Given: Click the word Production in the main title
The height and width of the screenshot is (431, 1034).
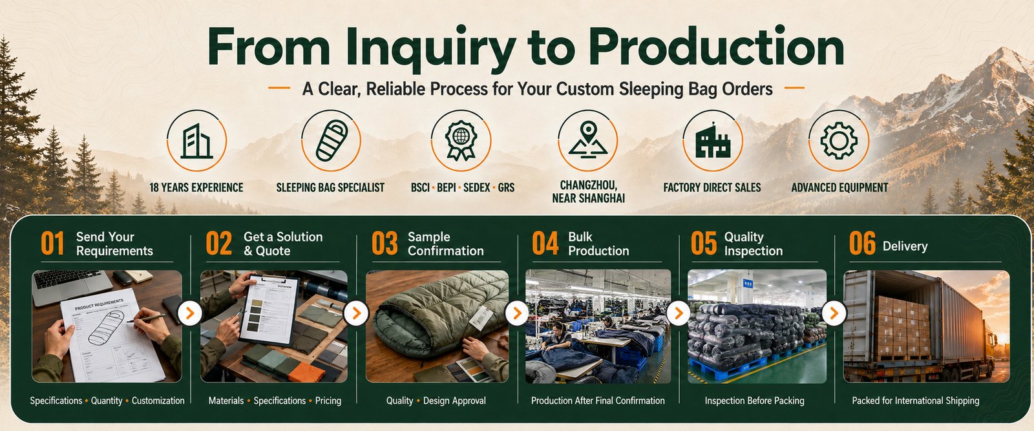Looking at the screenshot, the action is click(717, 47).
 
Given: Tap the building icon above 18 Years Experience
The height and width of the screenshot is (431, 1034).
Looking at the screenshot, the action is click(196, 142).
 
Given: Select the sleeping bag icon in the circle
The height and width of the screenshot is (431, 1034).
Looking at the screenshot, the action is click(332, 140).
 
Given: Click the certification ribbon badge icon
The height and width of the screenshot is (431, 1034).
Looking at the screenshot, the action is click(461, 140).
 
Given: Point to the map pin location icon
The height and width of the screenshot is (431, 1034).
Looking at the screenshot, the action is click(587, 138).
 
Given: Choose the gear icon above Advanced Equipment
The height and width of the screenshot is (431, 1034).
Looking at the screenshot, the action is click(839, 140).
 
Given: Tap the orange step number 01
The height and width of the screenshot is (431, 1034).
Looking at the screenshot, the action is click(52, 243).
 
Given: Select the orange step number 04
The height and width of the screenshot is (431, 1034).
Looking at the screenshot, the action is click(545, 243).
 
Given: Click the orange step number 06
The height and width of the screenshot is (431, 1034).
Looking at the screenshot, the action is click(862, 243).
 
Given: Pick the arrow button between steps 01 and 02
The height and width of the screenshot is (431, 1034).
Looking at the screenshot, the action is click(190, 313).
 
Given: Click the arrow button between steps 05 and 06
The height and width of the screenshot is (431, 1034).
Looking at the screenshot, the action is click(834, 313).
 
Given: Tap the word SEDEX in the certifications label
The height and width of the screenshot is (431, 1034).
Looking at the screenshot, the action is click(477, 187).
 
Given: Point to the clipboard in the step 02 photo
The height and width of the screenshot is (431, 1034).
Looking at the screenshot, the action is click(269, 308).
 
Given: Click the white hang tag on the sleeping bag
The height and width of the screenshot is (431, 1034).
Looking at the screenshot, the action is click(481, 317).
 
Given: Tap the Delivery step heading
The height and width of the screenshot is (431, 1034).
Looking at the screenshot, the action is click(905, 246).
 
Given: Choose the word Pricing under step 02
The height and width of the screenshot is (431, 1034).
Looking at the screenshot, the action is click(328, 401).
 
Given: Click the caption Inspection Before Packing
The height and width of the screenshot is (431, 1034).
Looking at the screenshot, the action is click(754, 401).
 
